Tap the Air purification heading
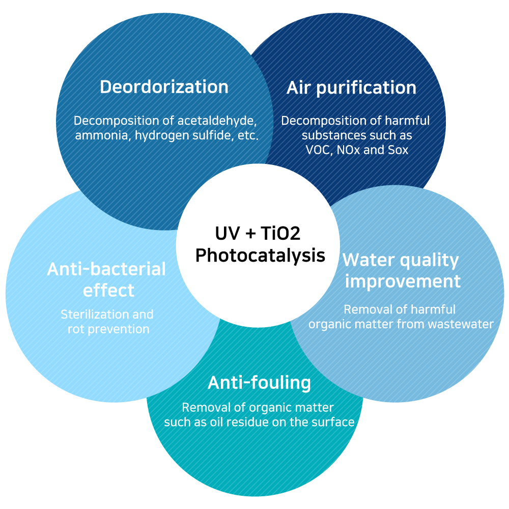click(351, 88)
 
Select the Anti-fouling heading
click(259, 383)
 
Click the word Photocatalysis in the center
click(260, 256)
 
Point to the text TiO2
click(280, 233)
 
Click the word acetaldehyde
click(217, 121)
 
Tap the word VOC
click(319, 150)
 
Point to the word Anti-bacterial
click(106, 269)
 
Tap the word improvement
click(403, 281)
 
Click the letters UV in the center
click(228, 233)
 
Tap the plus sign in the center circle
click(250, 234)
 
